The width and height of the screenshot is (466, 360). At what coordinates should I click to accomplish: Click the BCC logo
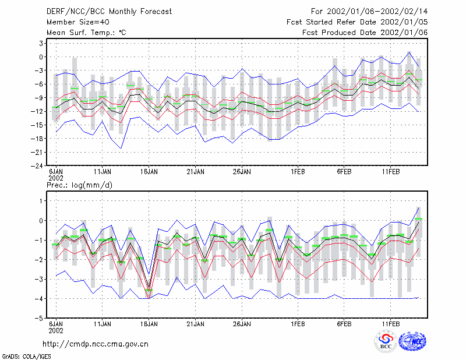pos(386,341)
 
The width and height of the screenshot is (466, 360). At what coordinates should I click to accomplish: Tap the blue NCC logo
pos(412,341)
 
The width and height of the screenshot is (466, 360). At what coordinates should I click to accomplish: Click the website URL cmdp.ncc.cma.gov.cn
pos(96,344)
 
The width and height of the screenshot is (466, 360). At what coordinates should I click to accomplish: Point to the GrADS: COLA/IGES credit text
pos(26,357)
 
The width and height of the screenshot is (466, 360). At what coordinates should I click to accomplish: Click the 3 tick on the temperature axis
pos(41,44)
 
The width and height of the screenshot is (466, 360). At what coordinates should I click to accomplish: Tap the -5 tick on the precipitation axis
pos(38,318)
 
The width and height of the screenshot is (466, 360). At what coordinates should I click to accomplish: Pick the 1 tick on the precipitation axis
pos(41,201)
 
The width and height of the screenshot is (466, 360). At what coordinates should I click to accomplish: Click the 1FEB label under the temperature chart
pos(298,172)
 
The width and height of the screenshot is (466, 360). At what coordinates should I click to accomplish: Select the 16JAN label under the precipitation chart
pos(149,324)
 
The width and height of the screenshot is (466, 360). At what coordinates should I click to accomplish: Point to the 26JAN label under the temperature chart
pos(242,172)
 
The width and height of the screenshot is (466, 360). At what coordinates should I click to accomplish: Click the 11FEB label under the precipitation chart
pos(390,324)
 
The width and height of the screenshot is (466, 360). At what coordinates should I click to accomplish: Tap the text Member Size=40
pos(78,22)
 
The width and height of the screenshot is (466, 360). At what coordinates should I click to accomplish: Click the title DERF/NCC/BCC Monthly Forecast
pos(109,12)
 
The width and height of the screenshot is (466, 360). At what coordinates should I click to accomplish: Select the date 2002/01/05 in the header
pos(404,22)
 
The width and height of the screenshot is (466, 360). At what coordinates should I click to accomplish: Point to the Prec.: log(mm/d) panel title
pos(79,185)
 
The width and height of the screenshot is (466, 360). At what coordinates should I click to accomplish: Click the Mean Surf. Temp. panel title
pos(86,33)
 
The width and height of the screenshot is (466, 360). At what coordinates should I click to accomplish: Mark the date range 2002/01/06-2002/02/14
pos(377,12)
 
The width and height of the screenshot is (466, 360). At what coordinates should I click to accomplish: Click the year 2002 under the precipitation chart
pos(56,330)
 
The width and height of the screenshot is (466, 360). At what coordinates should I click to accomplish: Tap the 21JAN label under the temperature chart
pos(195,172)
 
